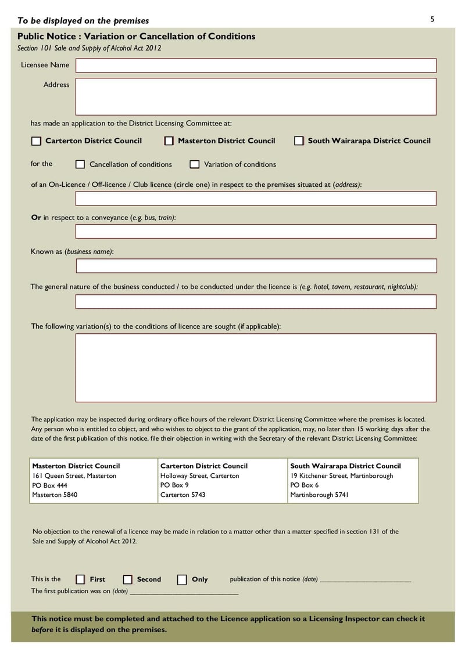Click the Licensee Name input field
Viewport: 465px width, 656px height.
[x=256, y=66]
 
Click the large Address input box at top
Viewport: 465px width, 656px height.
[x=256, y=97]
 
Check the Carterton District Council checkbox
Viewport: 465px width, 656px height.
[x=37, y=141]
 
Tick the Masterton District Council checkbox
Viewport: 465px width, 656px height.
[x=169, y=141]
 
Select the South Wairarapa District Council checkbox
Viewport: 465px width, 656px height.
[x=299, y=141]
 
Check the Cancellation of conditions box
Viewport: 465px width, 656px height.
[x=80, y=164]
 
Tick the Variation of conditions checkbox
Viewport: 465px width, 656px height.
[x=195, y=164]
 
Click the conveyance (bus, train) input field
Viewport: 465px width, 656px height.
[x=256, y=231]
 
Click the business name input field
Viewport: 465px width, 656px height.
[x=256, y=266]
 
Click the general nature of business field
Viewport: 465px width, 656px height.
[x=256, y=302]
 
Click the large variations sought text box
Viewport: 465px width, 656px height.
[x=256, y=367]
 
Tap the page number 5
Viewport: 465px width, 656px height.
[x=432, y=20]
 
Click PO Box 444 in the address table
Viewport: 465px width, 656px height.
[x=49, y=485]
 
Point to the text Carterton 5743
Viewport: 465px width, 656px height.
[x=183, y=495]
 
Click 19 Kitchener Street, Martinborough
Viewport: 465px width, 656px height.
[x=342, y=476]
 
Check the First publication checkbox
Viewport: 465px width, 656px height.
[x=81, y=579]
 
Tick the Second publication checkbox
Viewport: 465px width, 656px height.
[x=128, y=579]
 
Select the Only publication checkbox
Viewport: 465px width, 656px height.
[x=182, y=579]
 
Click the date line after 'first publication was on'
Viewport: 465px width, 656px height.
[x=184, y=592]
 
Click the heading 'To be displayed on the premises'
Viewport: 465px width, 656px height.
[x=83, y=21]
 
